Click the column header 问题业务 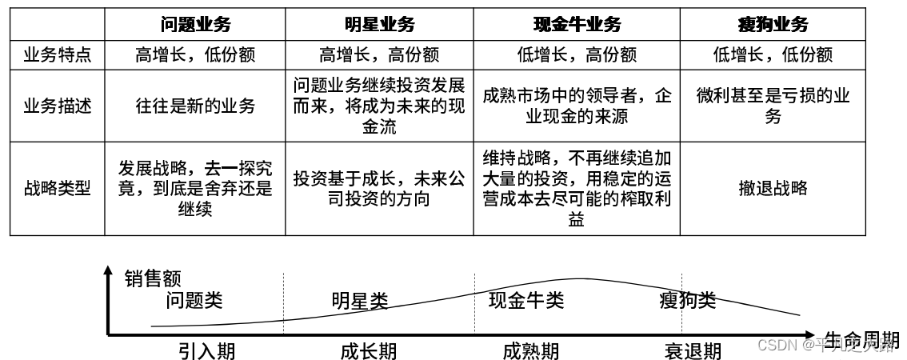click(x=195, y=24)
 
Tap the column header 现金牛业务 click(x=577, y=24)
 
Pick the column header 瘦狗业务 click(x=773, y=24)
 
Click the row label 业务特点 click(x=58, y=55)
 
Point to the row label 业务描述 click(x=58, y=106)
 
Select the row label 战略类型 click(x=58, y=188)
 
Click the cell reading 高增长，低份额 click(x=195, y=55)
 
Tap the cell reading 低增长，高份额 click(x=577, y=55)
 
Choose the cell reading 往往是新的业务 click(x=195, y=106)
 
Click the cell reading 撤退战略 click(x=773, y=188)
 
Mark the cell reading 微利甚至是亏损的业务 click(x=773, y=106)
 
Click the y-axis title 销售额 click(x=153, y=279)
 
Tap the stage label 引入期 click(x=206, y=351)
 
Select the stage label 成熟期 click(x=530, y=351)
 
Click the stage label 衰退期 click(x=693, y=351)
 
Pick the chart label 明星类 click(x=359, y=301)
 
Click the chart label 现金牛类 click(x=526, y=300)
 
